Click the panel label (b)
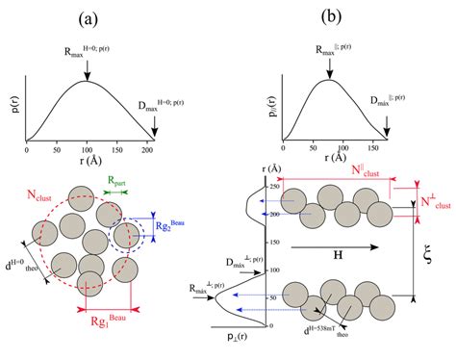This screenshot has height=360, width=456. point(330,16)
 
